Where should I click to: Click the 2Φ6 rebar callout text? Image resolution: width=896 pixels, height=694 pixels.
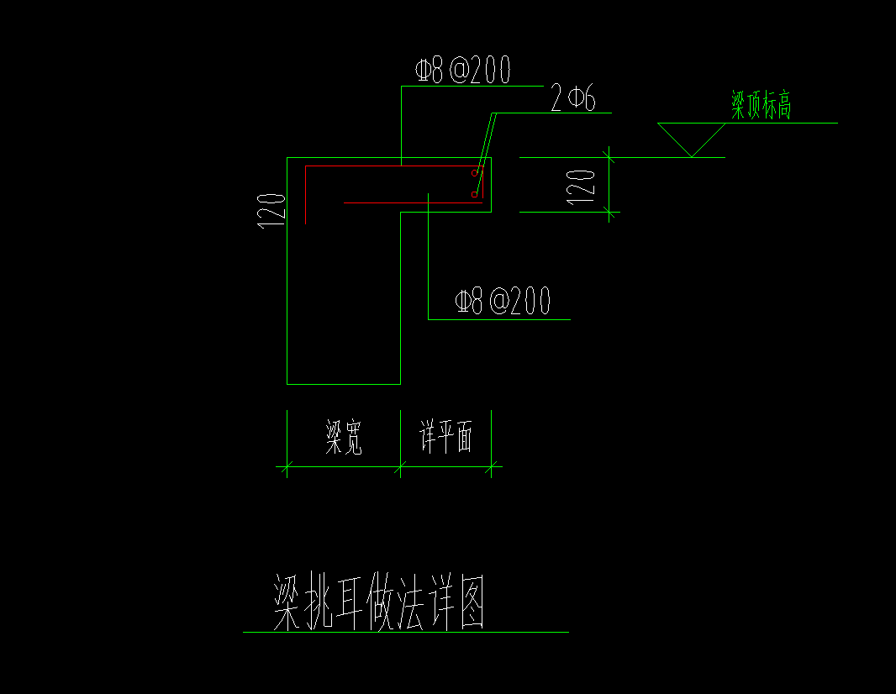point(573,100)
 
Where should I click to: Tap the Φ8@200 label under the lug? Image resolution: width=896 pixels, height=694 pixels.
point(502,301)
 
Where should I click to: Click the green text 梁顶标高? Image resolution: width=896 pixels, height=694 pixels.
point(762,107)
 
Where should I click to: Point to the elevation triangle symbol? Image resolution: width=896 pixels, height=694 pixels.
point(691,137)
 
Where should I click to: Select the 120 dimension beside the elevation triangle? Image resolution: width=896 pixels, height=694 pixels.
point(582,184)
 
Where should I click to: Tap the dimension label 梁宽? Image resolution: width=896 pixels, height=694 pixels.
point(344,438)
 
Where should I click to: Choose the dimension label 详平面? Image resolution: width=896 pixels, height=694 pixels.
point(446,438)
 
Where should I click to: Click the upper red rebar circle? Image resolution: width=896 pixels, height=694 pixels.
point(475,174)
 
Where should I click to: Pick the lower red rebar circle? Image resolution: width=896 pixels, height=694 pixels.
point(475,195)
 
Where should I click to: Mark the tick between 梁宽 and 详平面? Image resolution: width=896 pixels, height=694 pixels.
point(401,464)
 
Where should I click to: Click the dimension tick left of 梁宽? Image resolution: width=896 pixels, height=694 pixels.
point(287,464)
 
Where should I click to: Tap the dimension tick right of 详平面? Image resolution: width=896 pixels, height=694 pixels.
point(492,464)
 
